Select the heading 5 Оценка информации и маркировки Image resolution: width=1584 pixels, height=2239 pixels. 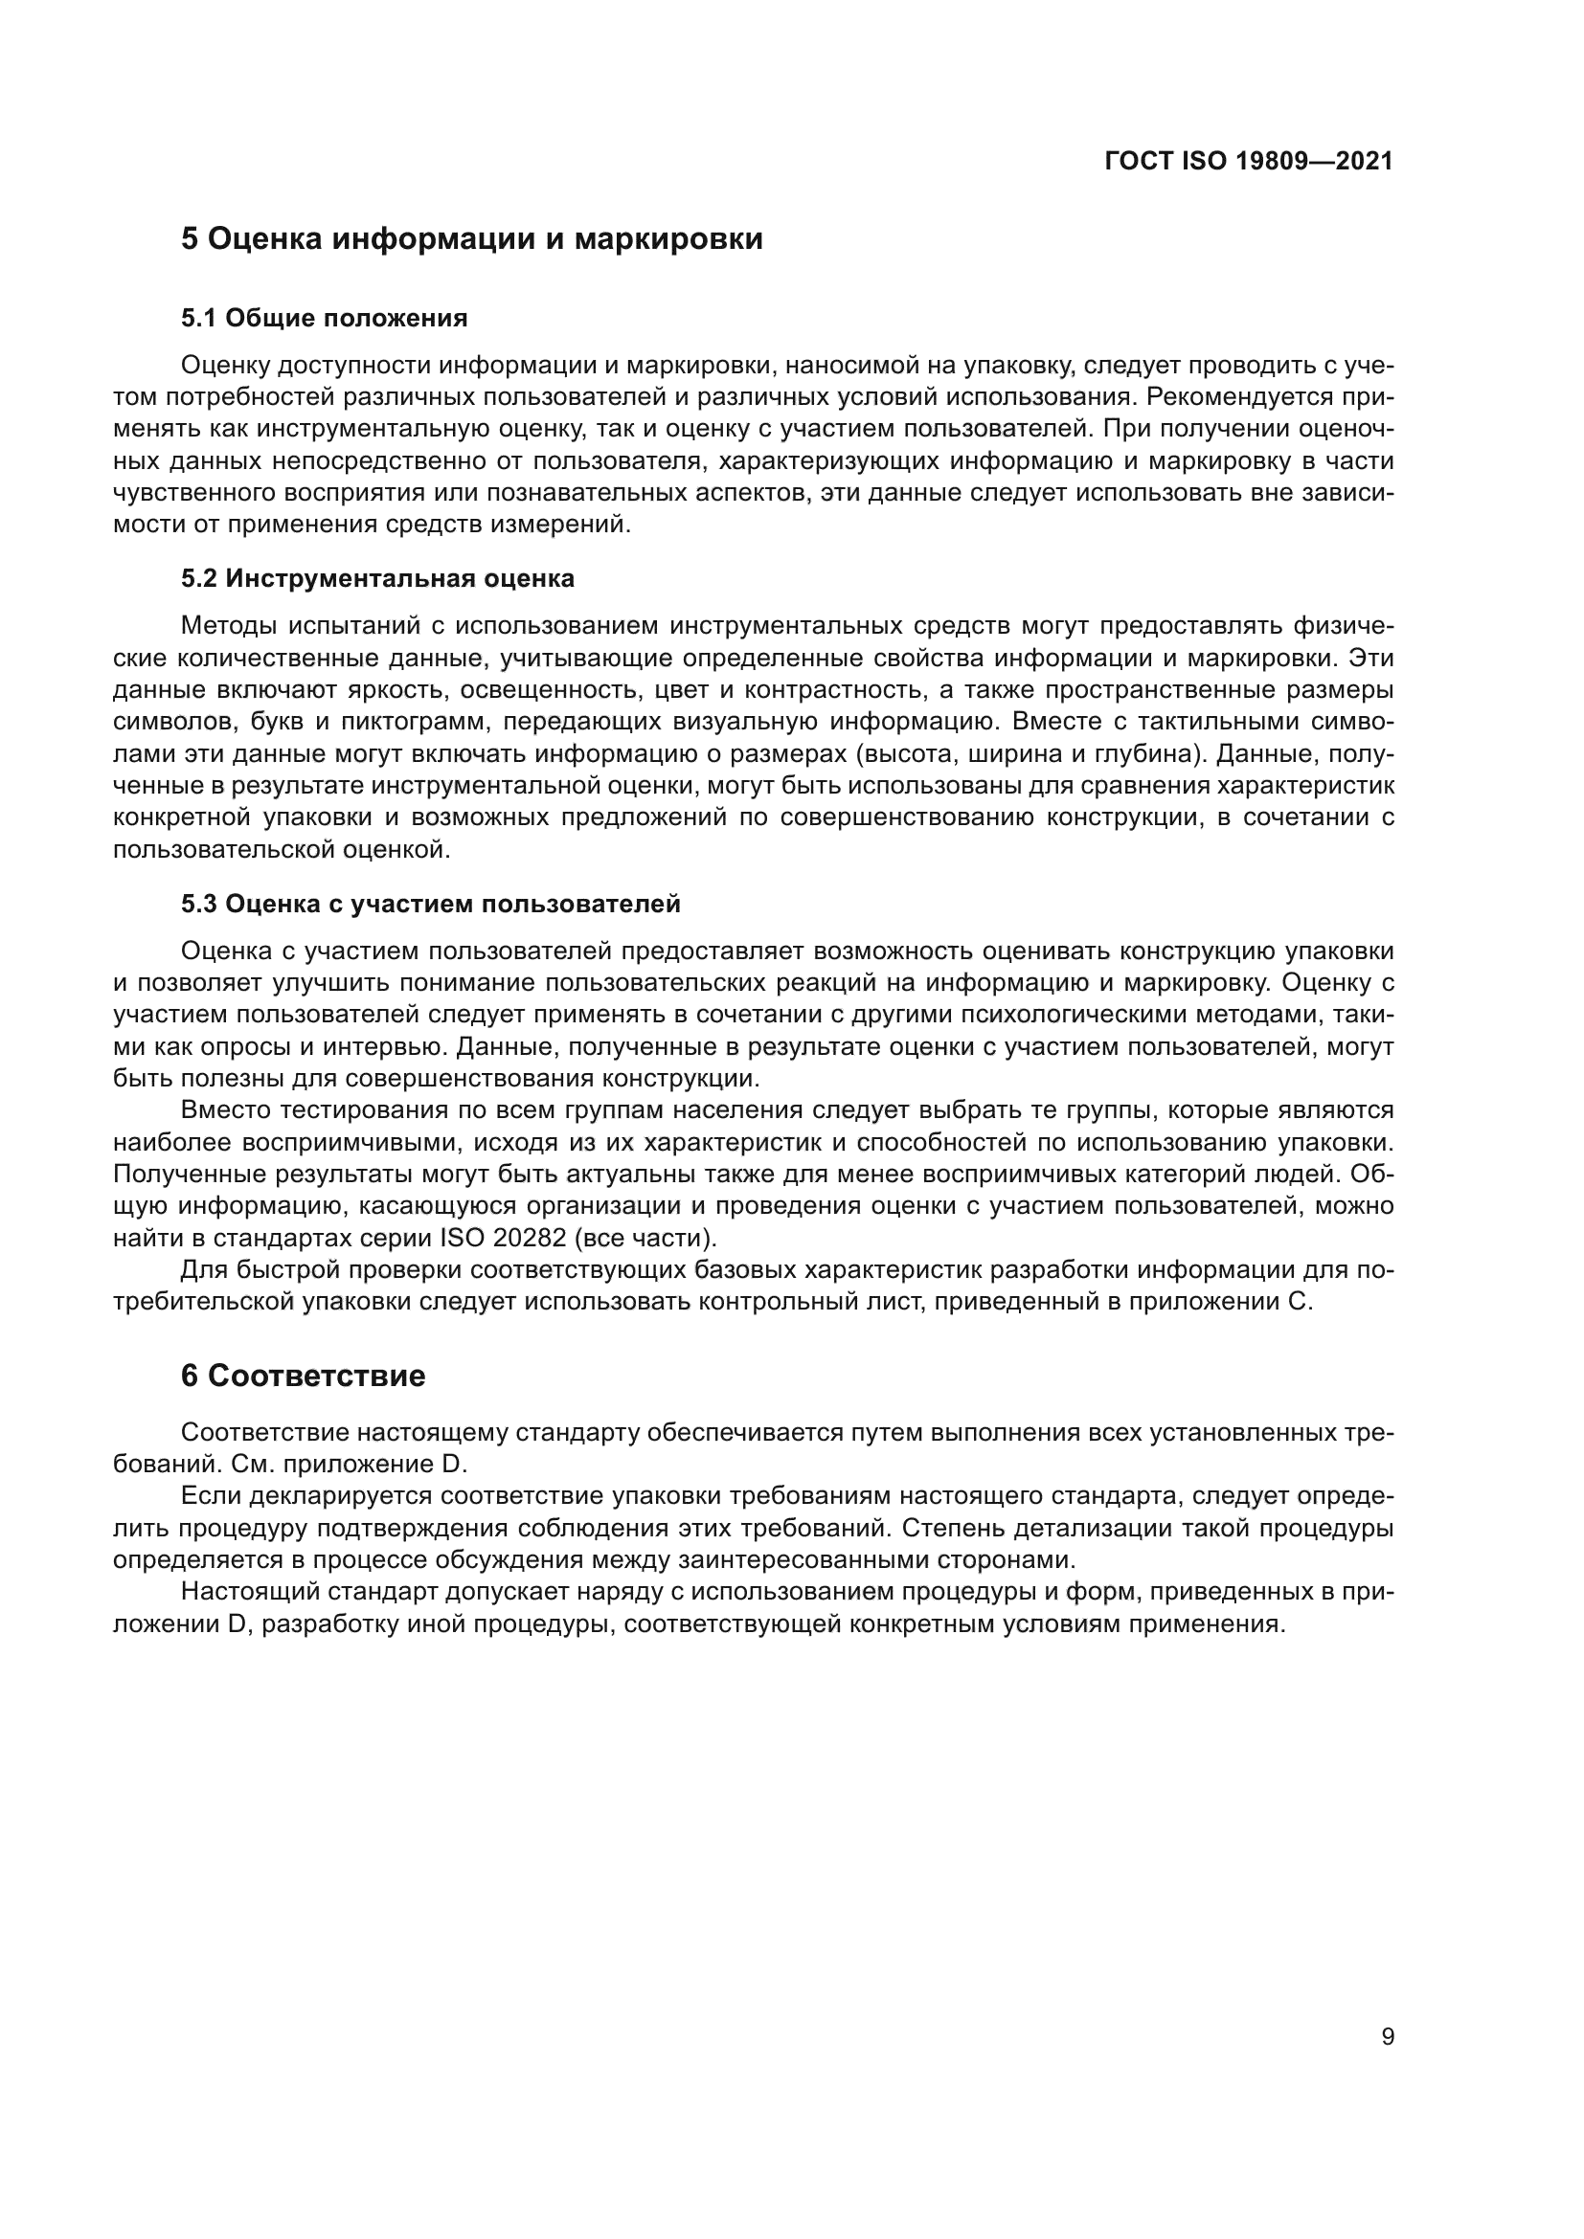[x=471, y=239]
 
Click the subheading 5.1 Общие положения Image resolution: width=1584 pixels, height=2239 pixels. [x=324, y=318]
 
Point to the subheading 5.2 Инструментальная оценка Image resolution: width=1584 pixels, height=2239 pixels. [x=377, y=578]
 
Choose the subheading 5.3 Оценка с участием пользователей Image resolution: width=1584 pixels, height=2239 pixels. [x=430, y=904]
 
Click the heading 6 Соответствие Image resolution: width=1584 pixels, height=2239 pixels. [x=303, y=1376]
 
